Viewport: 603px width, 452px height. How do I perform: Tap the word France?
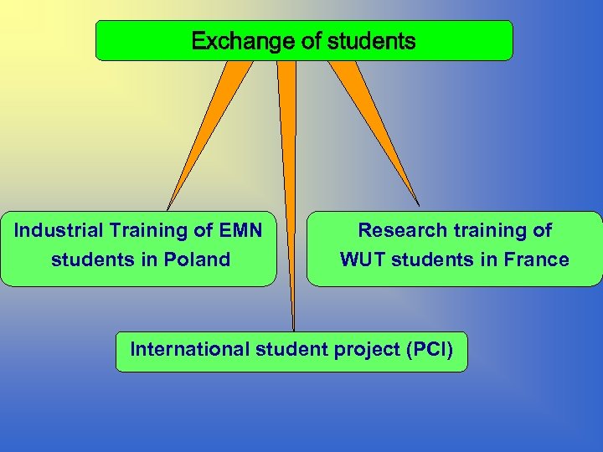click(x=537, y=259)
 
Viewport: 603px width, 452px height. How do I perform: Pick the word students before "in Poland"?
click(x=85, y=259)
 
